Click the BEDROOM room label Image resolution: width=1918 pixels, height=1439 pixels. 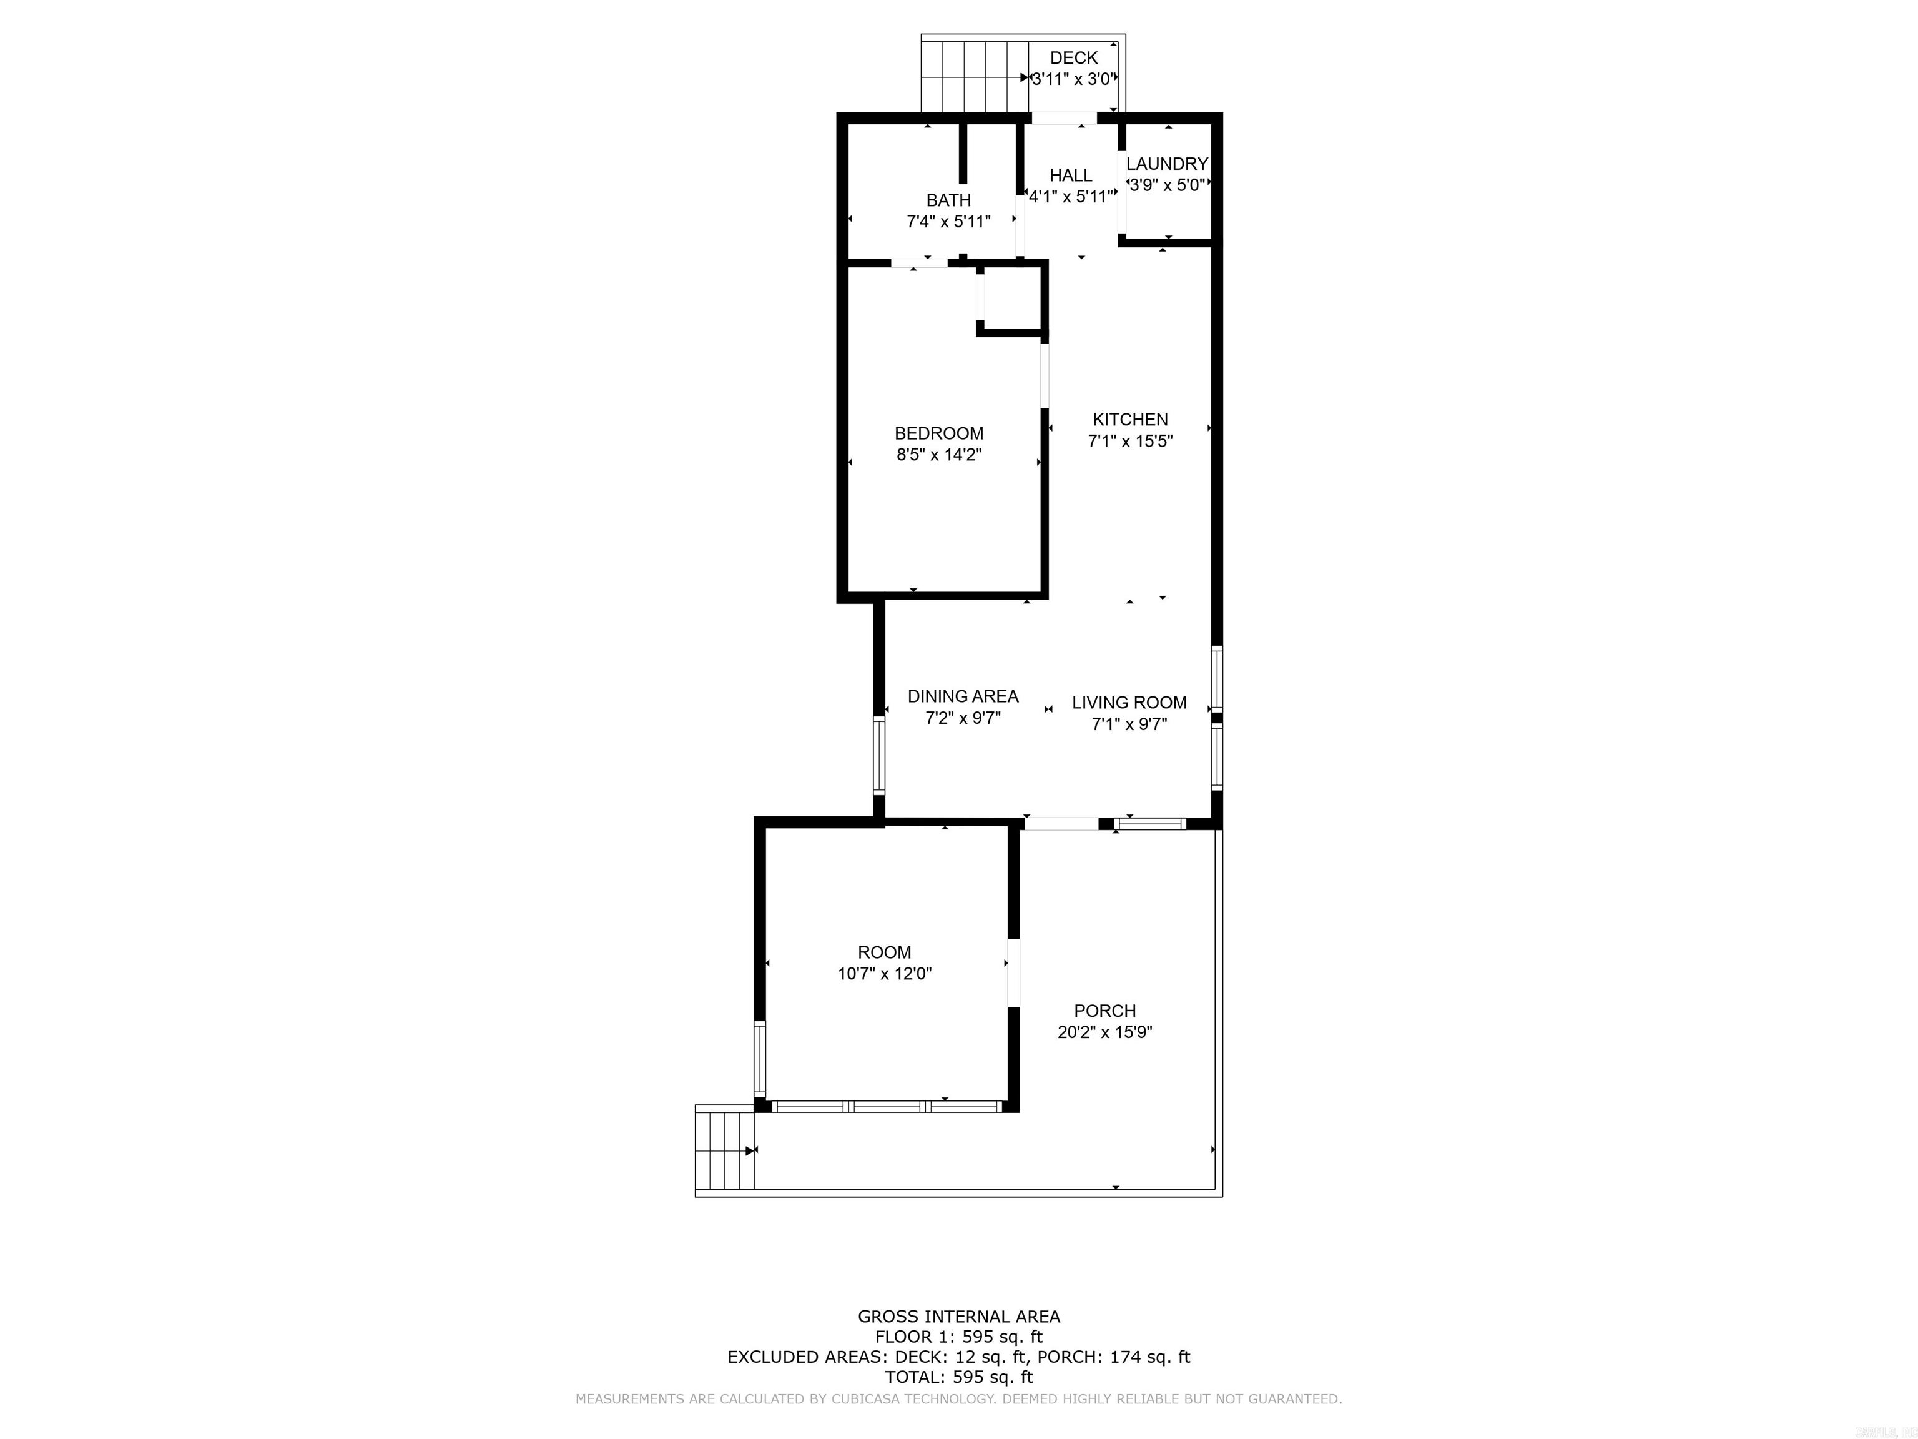coord(938,433)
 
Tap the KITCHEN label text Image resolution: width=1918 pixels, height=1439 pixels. coord(1130,420)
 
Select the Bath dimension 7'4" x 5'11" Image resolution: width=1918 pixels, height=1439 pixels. coord(948,222)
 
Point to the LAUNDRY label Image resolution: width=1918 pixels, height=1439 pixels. coord(1166,164)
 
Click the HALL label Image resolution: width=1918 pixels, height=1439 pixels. coord(1071,176)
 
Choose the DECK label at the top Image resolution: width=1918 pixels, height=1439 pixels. coord(1073,58)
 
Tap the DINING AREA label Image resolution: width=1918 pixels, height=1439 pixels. coord(963,696)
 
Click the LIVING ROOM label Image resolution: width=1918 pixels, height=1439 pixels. coord(1129,703)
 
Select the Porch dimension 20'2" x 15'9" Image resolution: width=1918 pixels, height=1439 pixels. coord(1104,1032)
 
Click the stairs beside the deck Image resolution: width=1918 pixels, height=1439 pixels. coord(974,76)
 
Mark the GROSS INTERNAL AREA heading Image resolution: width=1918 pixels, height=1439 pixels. coord(958,1317)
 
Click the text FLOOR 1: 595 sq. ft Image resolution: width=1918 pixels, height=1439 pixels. coord(958,1337)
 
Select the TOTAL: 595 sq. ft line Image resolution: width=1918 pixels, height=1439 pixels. coord(958,1377)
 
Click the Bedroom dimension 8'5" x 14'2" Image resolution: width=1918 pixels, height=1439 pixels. coord(938,455)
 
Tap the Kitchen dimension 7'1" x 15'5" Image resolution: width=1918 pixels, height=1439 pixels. coord(1130,442)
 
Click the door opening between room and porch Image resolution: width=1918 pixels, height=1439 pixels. coord(1013,972)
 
